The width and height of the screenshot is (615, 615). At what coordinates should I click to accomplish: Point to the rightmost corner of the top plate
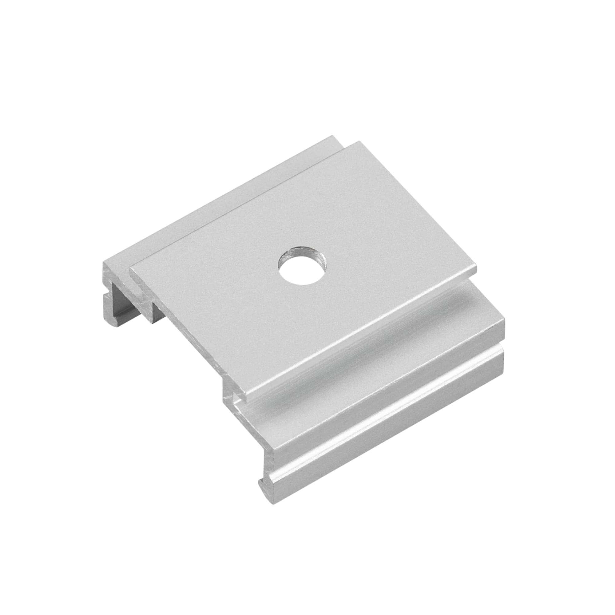[476, 272]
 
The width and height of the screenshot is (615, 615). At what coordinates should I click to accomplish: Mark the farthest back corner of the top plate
[359, 142]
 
